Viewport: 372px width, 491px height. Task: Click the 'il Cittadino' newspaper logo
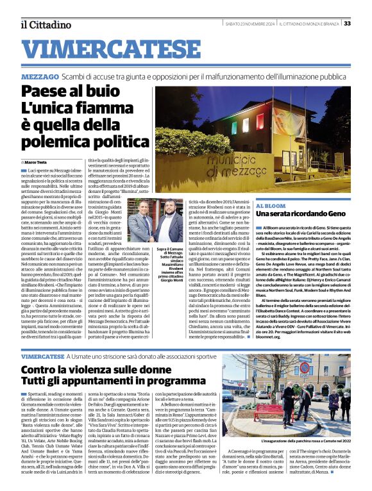46,24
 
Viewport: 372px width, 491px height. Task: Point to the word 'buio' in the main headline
99,95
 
